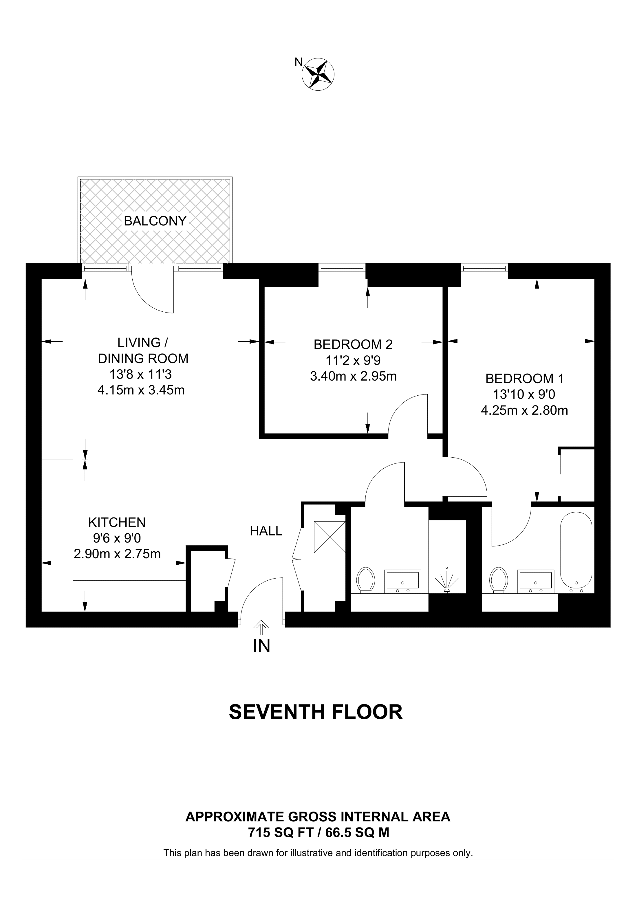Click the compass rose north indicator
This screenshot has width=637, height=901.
pyautogui.click(x=318, y=74)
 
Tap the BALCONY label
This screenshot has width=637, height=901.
pyautogui.click(x=155, y=221)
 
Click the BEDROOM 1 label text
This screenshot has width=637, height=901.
pyautogui.click(x=524, y=379)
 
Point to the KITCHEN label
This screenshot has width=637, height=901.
pyautogui.click(x=117, y=522)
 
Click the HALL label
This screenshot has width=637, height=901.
pyautogui.click(x=266, y=531)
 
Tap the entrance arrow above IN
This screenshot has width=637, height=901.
pyautogui.click(x=259, y=627)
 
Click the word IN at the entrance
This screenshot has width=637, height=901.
pyautogui.click(x=262, y=646)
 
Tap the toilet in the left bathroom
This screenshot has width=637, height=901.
pyautogui.click(x=366, y=580)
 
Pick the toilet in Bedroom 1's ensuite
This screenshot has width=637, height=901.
pyautogui.click(x=499, y=580)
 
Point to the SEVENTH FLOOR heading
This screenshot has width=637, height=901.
pyautogui.click(x=316, y=711)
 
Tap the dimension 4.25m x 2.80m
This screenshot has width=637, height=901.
pyautogui.click(x=524, y=410)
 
